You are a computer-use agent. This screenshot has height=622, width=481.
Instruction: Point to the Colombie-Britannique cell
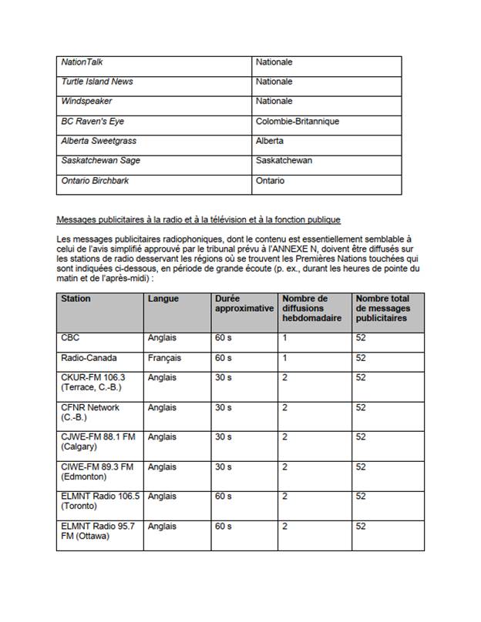[x=297, y=122]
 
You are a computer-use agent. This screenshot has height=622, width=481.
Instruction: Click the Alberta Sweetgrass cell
[x=97, y=142]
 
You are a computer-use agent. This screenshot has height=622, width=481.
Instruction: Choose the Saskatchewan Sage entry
[x=100, y=162]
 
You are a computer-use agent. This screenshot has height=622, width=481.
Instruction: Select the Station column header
[x=76, y=299]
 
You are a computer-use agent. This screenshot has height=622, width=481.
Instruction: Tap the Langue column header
[x=163, y=299]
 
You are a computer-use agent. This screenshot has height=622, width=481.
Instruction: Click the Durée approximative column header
[x=243, y=303]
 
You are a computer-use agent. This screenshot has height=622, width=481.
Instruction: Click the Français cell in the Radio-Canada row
[x=164, y=358]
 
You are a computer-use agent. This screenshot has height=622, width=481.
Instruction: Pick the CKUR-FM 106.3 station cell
[x=92, y=383]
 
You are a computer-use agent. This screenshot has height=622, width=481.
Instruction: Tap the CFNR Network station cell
[x=90, y=413]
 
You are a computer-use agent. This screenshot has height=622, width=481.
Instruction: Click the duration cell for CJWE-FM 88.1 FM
[x=224, y=437]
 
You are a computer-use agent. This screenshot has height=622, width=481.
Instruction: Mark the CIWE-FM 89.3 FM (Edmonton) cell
[x=97, y=472]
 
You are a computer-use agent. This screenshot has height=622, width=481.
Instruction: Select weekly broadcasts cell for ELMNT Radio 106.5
[x=285, y=497]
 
